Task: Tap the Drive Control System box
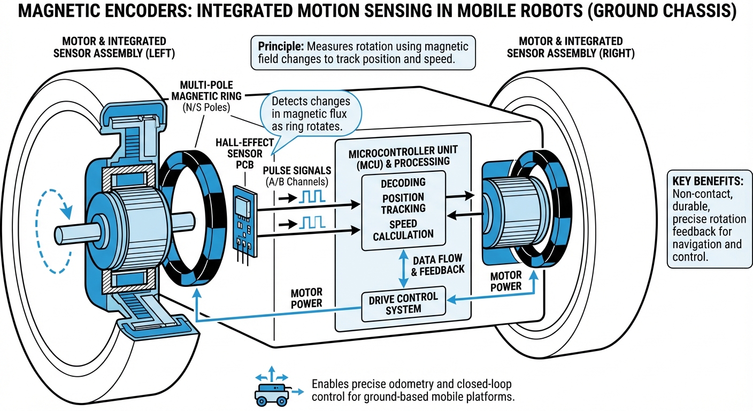coord(403,303)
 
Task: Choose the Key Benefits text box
coord(709,219)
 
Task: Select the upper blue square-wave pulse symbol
coord(308,196)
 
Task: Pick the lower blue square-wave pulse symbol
coord(308,222)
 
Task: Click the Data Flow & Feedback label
coord(439,264)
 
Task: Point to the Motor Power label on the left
coord(306,298)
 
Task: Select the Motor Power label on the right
coord(505,281)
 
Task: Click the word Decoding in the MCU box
coord(403,183)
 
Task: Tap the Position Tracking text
coord(403,203)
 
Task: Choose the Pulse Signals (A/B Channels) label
coord(297,176)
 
